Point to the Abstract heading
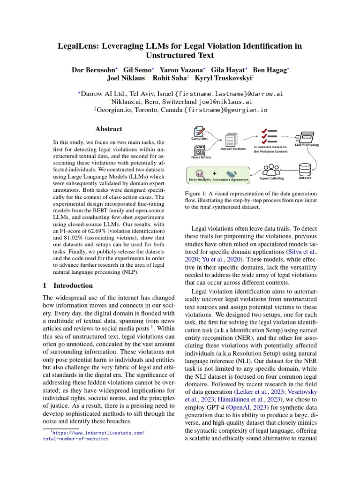[x=108, y=129]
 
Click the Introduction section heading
[x=73, y=285]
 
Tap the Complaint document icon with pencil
[x=200, y=132]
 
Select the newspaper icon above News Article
[x=200, y=150]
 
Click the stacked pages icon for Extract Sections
[x=232, y=140]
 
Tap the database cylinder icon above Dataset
[x=305, y=169]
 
